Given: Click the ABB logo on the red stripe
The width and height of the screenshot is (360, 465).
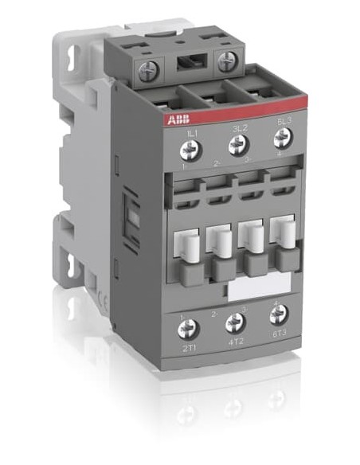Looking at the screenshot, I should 178,119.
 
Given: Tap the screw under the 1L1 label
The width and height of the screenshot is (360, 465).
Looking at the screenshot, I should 190,149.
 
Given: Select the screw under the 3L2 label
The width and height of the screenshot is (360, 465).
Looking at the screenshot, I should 237,145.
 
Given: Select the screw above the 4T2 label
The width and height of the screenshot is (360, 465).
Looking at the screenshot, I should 235,322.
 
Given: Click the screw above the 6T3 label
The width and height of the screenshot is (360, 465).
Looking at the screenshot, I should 278,314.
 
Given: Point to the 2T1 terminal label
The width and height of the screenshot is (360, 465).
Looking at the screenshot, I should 190,348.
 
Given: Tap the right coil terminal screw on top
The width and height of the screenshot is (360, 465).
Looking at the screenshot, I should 226,61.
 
